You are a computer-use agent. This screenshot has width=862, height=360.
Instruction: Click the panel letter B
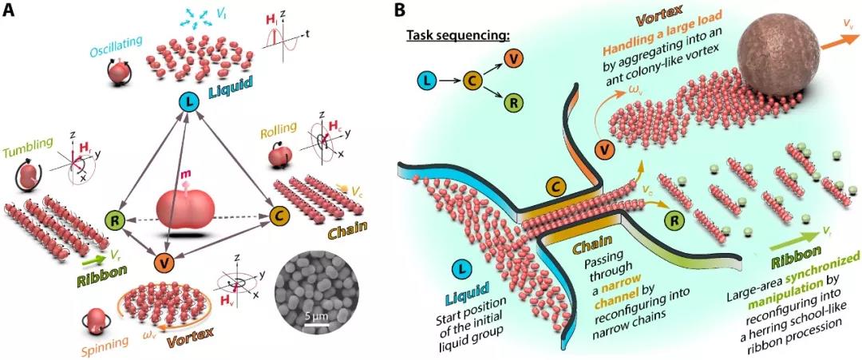click(x=400, y=10)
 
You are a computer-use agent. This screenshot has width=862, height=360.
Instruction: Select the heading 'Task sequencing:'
click(x=449, y=37)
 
